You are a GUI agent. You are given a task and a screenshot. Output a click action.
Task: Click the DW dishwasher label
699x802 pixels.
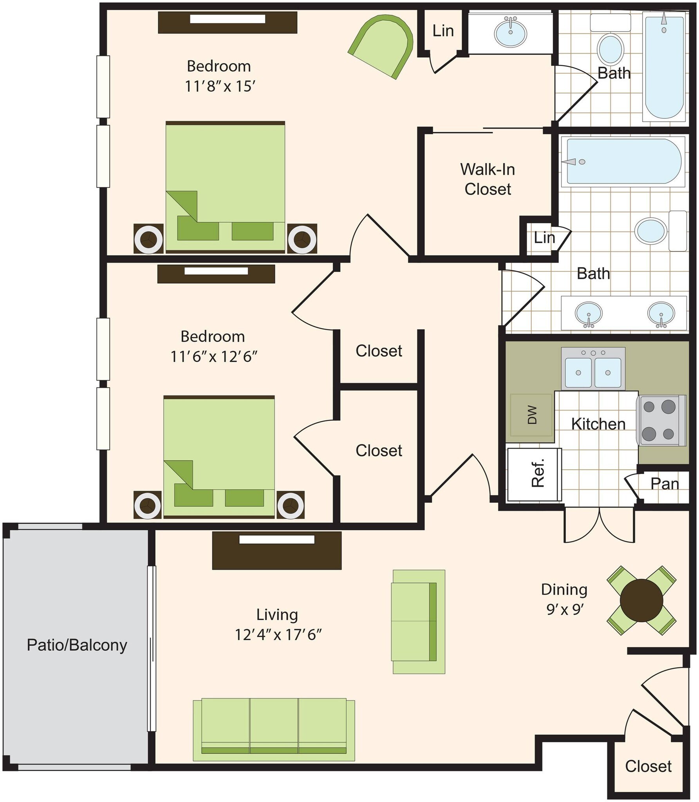(531, 415)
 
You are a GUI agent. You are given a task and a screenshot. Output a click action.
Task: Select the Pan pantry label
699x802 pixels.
(664, 484)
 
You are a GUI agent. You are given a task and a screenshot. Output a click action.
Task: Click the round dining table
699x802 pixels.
(641, 600)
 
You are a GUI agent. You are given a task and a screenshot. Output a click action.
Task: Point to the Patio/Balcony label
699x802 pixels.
(77, 645)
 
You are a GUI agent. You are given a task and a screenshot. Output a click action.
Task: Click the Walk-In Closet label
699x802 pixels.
(488, 179)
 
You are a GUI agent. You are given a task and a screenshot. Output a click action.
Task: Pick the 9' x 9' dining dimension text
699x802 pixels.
(565, 609)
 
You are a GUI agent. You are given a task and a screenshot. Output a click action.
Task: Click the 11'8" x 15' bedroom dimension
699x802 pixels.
(220, 86)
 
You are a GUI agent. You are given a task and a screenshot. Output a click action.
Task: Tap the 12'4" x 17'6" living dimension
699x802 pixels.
(278, 634)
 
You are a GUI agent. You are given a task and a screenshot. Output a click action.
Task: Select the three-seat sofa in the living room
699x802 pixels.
(274, 728)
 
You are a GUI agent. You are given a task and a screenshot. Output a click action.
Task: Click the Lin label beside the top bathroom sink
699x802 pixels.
(443, 31)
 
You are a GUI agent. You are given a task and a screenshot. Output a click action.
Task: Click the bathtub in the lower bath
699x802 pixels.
(623, 161)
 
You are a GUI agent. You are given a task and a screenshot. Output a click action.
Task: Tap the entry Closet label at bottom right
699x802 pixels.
(648, 766)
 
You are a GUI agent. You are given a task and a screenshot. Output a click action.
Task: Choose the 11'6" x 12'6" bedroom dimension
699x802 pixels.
(214, 357)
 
